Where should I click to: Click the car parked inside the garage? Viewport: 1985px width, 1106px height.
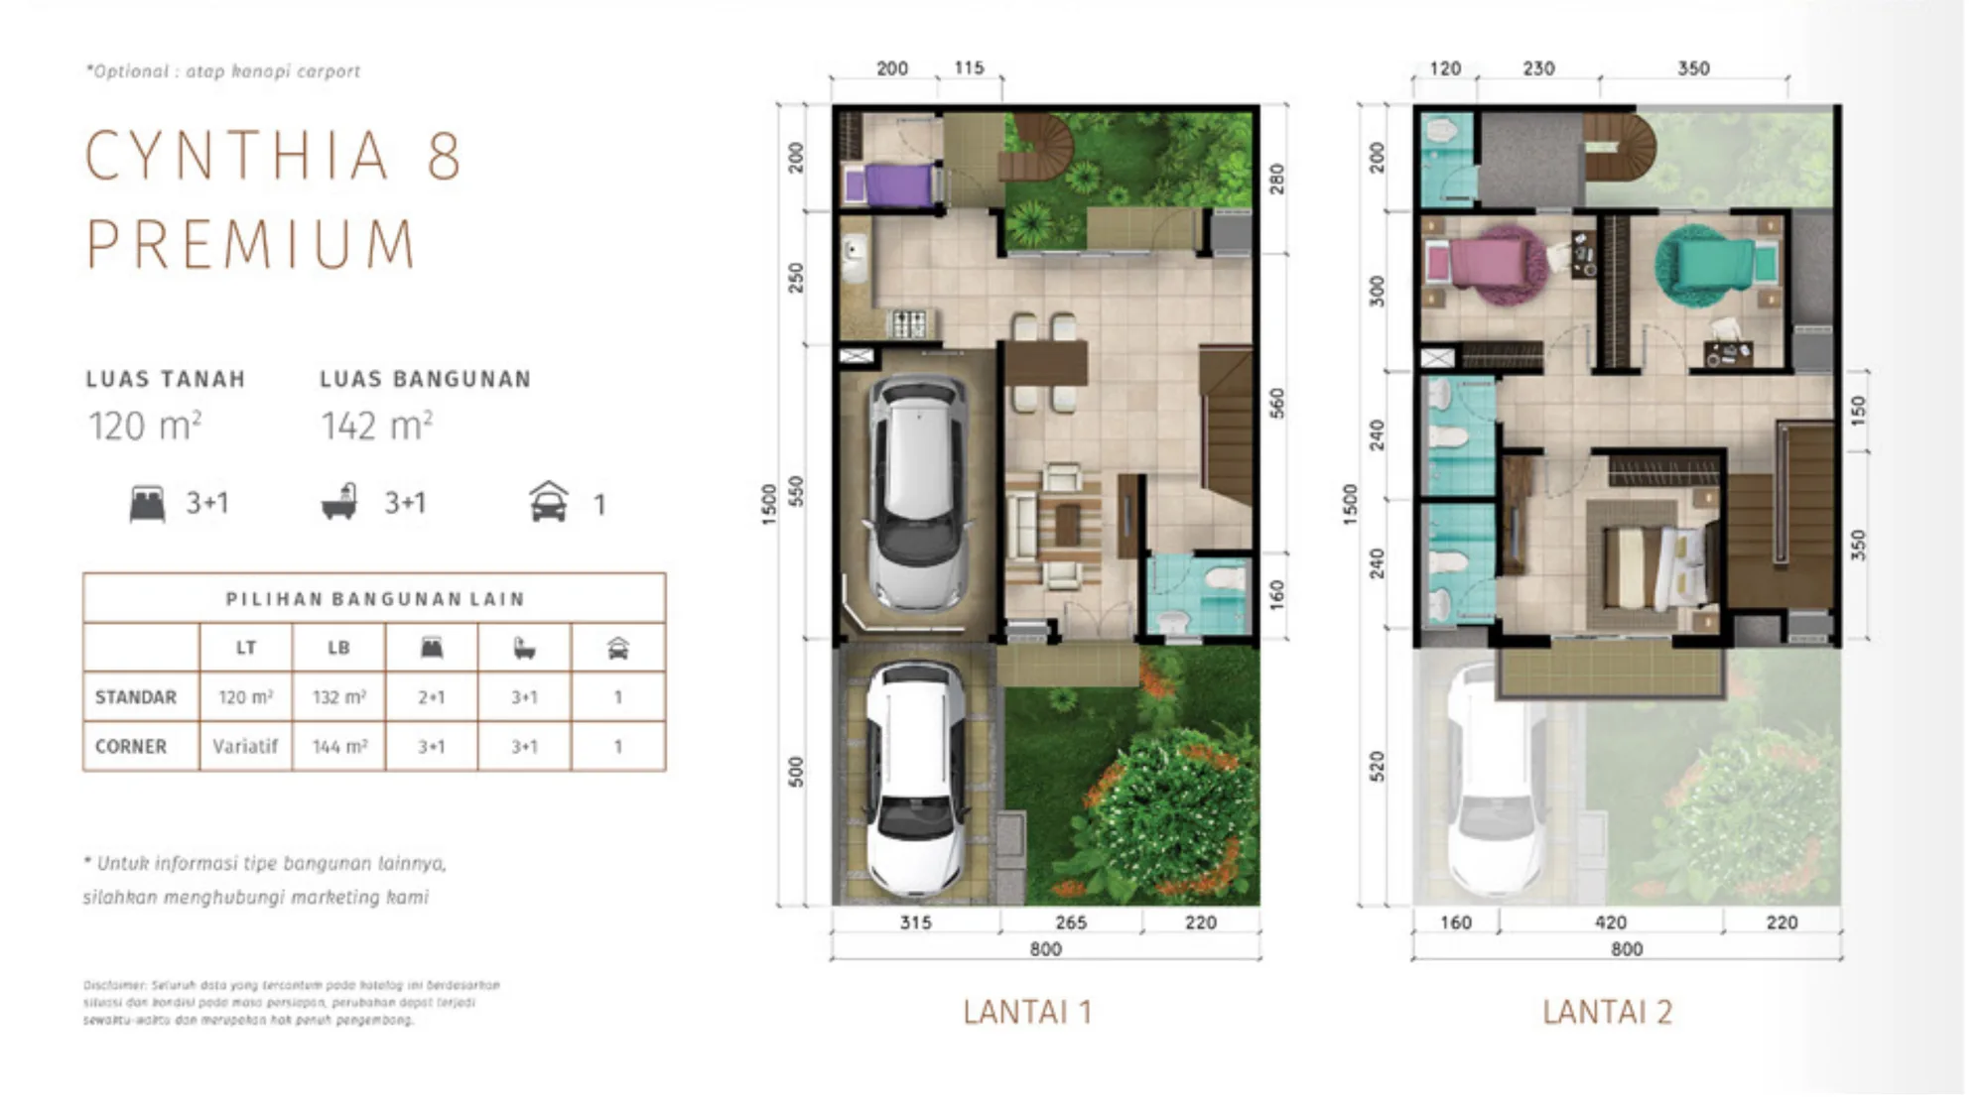click(916, 491)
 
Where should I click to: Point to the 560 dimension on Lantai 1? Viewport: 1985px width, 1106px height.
click(1276, 403)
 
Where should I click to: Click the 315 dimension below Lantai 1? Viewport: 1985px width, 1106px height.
click(915, 922)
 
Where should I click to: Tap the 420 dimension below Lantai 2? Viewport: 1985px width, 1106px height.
click(1610, 922)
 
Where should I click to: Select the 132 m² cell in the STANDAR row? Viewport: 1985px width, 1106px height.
click(338, 697)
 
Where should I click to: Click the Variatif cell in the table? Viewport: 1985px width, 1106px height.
click(245, 746)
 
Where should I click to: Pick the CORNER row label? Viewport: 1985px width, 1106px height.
click(131, 746)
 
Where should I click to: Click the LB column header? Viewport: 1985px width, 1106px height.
click(338, 648)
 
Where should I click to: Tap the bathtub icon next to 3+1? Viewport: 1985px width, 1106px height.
click(339, 502)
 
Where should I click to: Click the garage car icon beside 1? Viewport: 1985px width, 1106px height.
click(549, 502)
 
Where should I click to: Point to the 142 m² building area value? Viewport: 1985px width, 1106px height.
click(376, 427)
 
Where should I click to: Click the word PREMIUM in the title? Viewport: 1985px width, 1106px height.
click(251, 244)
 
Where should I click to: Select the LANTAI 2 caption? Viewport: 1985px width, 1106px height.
click(1607, 1013)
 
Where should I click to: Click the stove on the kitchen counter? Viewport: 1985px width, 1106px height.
click(909, 323)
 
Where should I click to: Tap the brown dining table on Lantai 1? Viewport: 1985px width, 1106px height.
click(1044, 363)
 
